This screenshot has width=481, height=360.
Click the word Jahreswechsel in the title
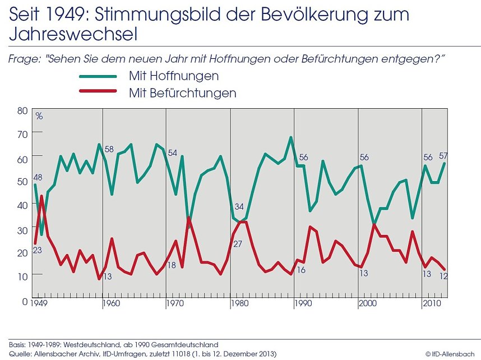[x=73, y=35]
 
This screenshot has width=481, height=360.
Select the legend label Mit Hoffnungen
[x=173, y=76]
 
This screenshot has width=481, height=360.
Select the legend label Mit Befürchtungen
[x=182, y=93]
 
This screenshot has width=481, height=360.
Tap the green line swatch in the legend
[x=98, y=76]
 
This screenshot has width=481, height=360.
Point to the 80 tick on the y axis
[x=22, y=110]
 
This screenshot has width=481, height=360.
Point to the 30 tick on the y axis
[x=22, y=230]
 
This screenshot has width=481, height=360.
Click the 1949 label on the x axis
[x=38, y=304]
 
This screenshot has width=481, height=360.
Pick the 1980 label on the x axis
[x=240, y=304]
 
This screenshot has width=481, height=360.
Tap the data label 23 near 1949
[x=38, y=250]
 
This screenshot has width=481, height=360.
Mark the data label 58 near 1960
[x=109, y=149]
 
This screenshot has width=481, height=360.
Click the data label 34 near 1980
[x=239, y=206]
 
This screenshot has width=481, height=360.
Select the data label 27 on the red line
[x=238, y=244]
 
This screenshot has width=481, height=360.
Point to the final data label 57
[x=443, y=156]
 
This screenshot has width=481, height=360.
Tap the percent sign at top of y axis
[x=39, y=116]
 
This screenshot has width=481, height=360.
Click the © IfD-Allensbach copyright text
[x=452, y=354]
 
